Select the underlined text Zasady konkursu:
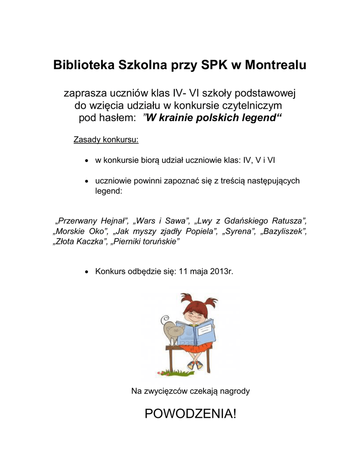tap(106, 139)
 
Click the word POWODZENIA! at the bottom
tap(191, 414)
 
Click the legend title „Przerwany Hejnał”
tap(92, 221)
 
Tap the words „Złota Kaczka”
tap(80, 242)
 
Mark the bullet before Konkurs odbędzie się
tap(86, 272)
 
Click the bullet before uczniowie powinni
tap(86, 182)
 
